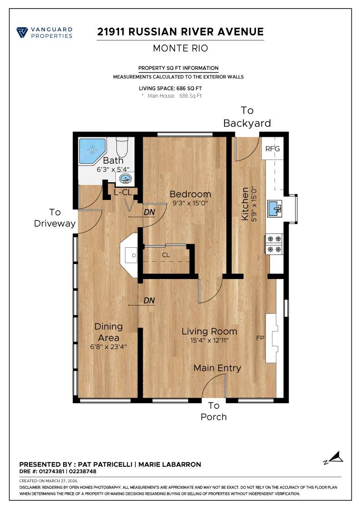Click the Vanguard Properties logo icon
(21, 33)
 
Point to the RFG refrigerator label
(272, 149)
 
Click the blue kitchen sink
(275, 209)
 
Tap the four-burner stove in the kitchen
(275, 244)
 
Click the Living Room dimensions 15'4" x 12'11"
(210, 340)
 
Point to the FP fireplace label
(260, 338)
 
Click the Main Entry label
(217, 368)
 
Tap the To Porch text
(214, 411)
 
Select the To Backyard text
(247, 117)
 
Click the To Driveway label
(55, 218)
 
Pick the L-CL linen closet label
(122, 192)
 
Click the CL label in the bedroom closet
(166, 255)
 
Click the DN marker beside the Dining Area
(149, 300)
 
